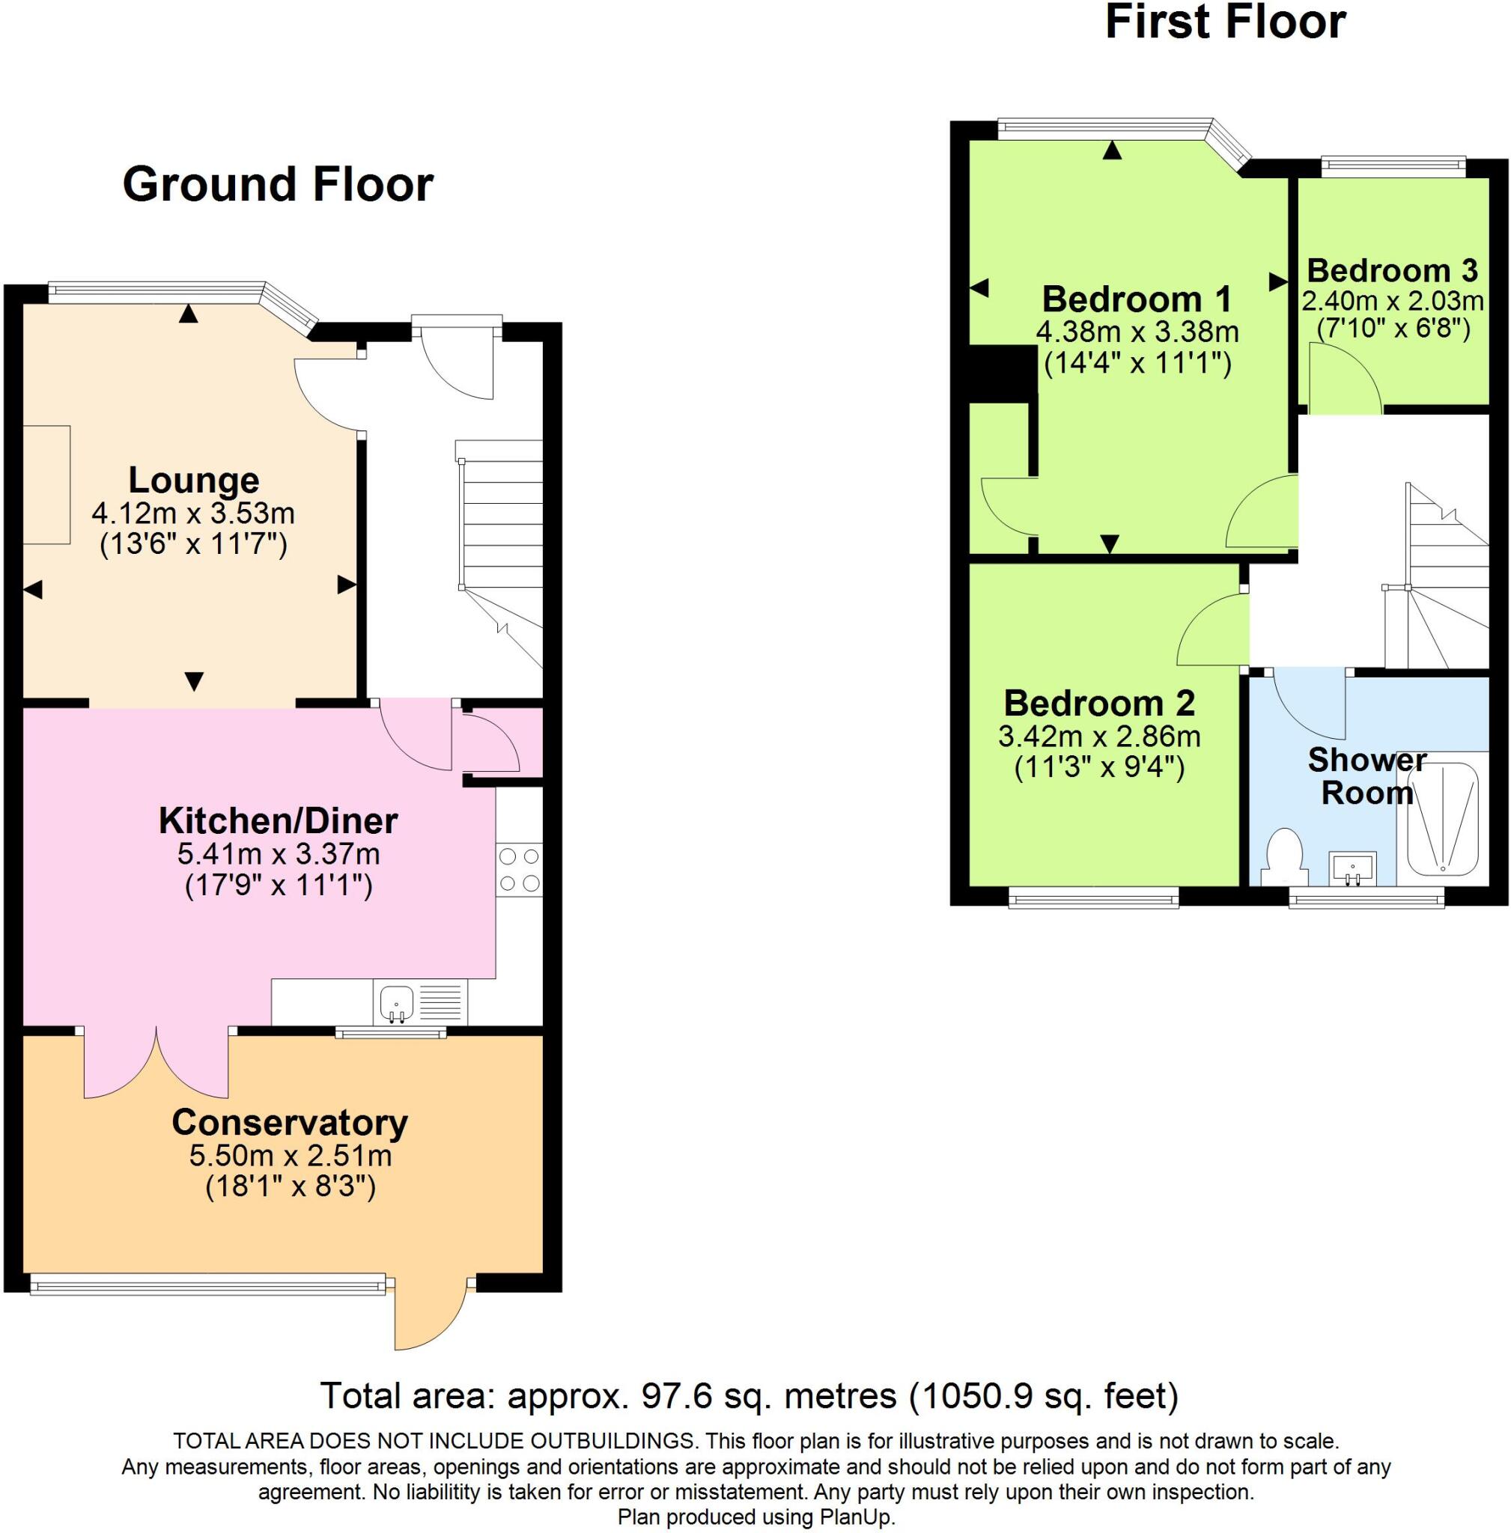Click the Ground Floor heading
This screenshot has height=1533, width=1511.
click(278, 184)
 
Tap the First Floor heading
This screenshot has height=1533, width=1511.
click(1224, 22)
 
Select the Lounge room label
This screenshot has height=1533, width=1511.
click(194, 481)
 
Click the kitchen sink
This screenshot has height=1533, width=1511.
click(397, 1003)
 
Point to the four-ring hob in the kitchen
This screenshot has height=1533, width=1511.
click(519, 871)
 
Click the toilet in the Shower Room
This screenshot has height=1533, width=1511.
click(1283, 856)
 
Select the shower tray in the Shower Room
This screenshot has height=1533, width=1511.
click(1443, 818)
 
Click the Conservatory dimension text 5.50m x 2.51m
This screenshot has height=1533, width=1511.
click(291, 1155)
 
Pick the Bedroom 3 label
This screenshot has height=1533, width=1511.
click(1392, 270)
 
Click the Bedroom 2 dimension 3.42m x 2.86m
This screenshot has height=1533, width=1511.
click(1099, 737)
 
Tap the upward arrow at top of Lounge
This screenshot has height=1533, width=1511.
click(188, 314)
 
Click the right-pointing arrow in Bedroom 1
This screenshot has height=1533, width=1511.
click(1277, 281)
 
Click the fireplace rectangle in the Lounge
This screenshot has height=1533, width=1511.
click(46, 485)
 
